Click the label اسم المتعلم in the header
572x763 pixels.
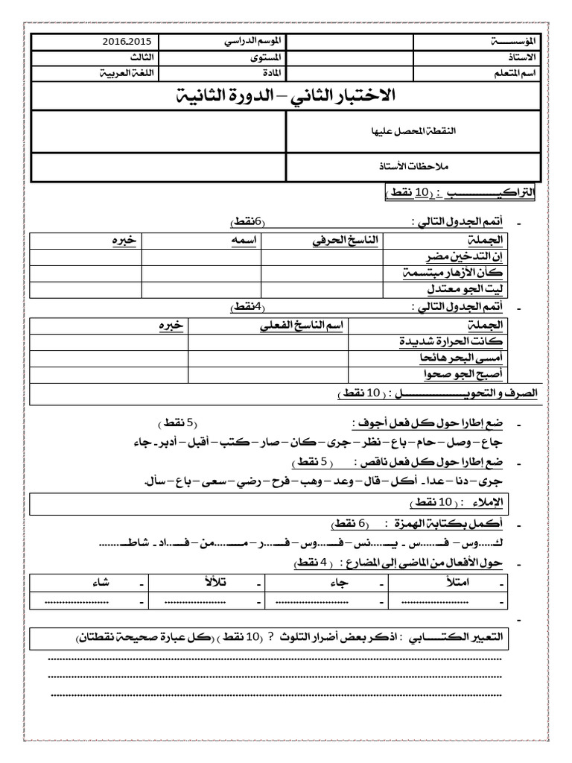click(519, 74)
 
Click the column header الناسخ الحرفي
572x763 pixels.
click(344, 240)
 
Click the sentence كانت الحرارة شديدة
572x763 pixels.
click(451, 341)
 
